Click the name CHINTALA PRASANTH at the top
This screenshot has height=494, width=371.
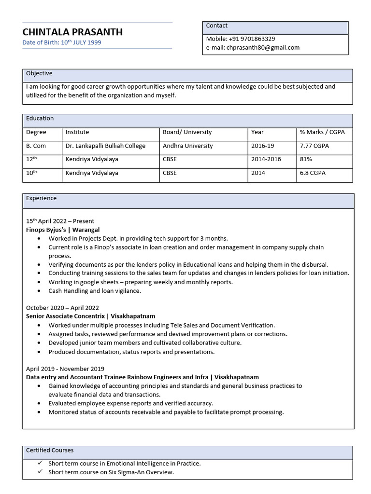click(x=72, y=32)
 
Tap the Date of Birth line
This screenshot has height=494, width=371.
click(x=62, y=42)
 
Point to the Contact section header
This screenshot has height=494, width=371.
click(x=217, y=26)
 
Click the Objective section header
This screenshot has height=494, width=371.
click(x=39, y=73)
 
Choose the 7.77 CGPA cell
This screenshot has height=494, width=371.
click(x=314, y=146)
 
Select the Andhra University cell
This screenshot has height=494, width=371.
click(x=187, y=146)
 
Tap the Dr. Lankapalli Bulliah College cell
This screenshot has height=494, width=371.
click(x=105, y=146)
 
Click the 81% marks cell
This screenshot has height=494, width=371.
click(x=306, y=159)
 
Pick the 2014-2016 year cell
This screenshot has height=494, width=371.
click(x=266, y=159)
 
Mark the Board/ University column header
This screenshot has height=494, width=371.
click(x=187, y=132)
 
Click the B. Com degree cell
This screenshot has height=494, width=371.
click(x=36, y=146)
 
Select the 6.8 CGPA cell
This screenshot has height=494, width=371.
click(x=312, y=173)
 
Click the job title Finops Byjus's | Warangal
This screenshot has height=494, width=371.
click(x=63, y=230)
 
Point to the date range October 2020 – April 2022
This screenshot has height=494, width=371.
click(x=62, y=308)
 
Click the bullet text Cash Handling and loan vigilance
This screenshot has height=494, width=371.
click(x=95, y=291)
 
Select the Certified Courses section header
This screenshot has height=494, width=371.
click(x=50, y=450)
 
